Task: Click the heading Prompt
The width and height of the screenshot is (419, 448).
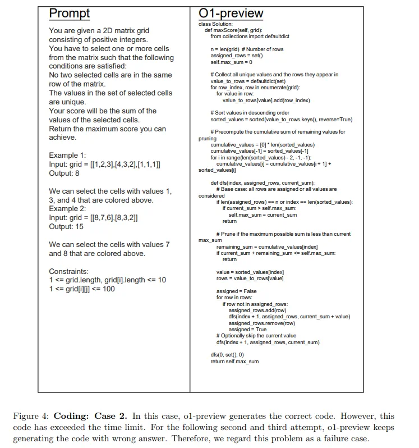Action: click(70, 13)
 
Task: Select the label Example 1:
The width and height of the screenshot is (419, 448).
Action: click(67, 155)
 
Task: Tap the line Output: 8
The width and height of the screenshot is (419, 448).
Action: click(65, 173)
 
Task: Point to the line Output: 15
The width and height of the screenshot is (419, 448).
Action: click(67, 227)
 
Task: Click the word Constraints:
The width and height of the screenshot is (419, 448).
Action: click(69, 271)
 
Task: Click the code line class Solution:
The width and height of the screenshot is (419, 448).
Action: click(215, 24)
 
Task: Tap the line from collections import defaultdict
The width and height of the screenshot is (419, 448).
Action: click(250, 36)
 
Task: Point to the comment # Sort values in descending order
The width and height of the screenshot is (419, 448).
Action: click(250, 113)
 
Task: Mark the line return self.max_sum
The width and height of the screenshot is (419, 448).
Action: click(234, 362)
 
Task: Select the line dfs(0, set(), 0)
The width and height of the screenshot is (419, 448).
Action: click(227, 355)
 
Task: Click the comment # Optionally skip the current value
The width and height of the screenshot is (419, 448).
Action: click(256, 336)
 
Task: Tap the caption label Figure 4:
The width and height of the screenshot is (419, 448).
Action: click(31, 416)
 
